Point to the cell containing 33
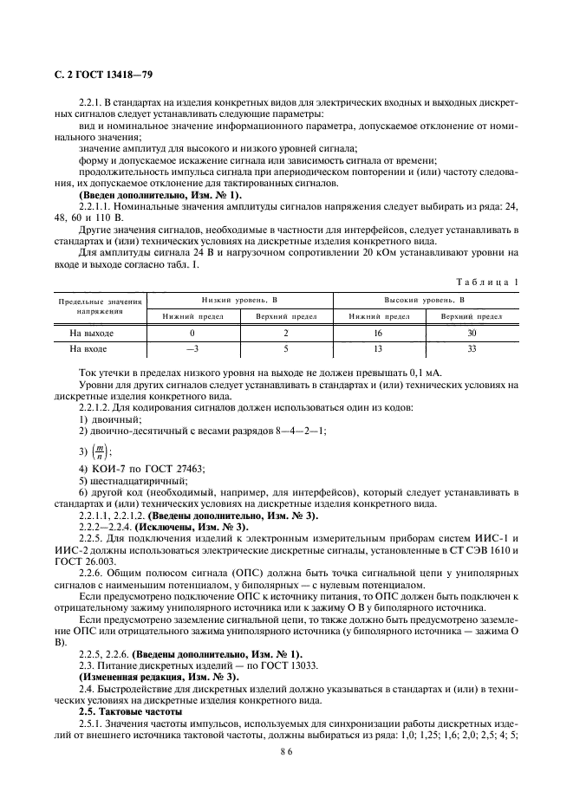[x=471, y=349]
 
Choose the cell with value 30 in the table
[x=471, y=333]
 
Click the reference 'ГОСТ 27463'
[x=176, y=469]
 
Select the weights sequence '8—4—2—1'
[x=260, y=431]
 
